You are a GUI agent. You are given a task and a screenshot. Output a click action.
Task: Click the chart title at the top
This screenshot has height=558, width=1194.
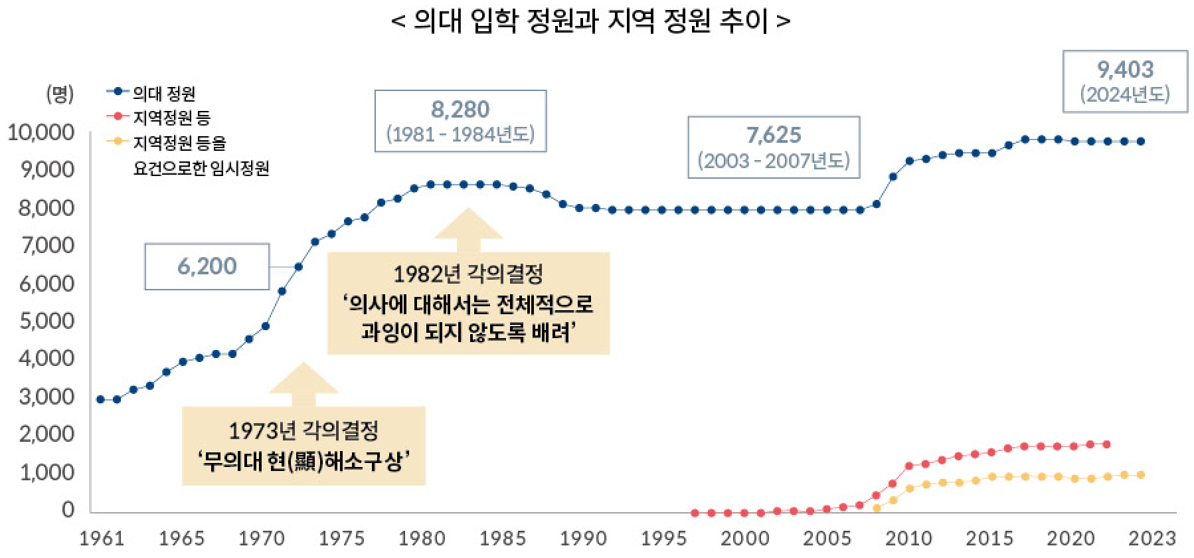pyautogui.click(x=590, y=21)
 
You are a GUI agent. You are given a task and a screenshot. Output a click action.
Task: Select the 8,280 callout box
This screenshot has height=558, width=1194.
pyautogui.click(x=460, y=121)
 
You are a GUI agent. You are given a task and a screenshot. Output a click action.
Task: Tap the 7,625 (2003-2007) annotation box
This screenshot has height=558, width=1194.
pyautogui.click(x=774, y=147)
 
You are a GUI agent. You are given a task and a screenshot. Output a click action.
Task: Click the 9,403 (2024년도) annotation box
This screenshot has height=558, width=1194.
pyautogui.click(x=1125, y=81)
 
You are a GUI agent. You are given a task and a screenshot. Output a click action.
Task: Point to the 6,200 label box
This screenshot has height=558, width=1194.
pyautogui.click(x=207, y=266)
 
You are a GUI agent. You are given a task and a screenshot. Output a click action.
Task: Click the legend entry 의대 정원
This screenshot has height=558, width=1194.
pyautogui.click(x=163, y=93)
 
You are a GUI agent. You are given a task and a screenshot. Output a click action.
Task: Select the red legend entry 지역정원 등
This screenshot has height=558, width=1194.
pyautogui.click(x=171, y=118)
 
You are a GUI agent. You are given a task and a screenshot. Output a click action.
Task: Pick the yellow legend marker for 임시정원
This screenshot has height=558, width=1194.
pyautogui.click(x=118, y=141)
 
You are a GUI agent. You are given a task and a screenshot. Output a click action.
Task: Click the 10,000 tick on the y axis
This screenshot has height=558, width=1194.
pyautogui.click(x=41, y=132)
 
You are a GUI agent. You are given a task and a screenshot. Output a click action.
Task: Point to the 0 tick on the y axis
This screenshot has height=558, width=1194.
pyautogui.click(x=68, y=510)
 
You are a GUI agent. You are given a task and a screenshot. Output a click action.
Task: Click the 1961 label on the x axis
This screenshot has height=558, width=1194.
pyautogui.click(x=102, y=538)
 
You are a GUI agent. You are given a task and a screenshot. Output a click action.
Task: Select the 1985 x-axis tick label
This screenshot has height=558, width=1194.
pyautogui.click(x=503, y=538)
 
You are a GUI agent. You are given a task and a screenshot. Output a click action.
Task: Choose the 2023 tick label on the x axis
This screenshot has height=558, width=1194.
pyautogui.click(x=1152, y=538)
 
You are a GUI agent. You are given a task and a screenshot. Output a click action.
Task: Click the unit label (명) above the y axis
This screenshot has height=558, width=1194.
pyautogui.click(x=59, y=94)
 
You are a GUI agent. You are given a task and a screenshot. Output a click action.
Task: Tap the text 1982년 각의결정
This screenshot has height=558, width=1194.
pyautogui.click(x=468, y=274)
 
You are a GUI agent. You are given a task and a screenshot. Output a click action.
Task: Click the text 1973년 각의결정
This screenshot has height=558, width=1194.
pyautogui.click(x=303, y=430)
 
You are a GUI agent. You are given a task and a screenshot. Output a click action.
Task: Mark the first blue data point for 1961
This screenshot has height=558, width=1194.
pyautogui.click(x=100, y=399)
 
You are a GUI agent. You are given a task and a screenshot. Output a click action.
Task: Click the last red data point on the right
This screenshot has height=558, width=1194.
pyautogui.click(x=1106, y=444)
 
